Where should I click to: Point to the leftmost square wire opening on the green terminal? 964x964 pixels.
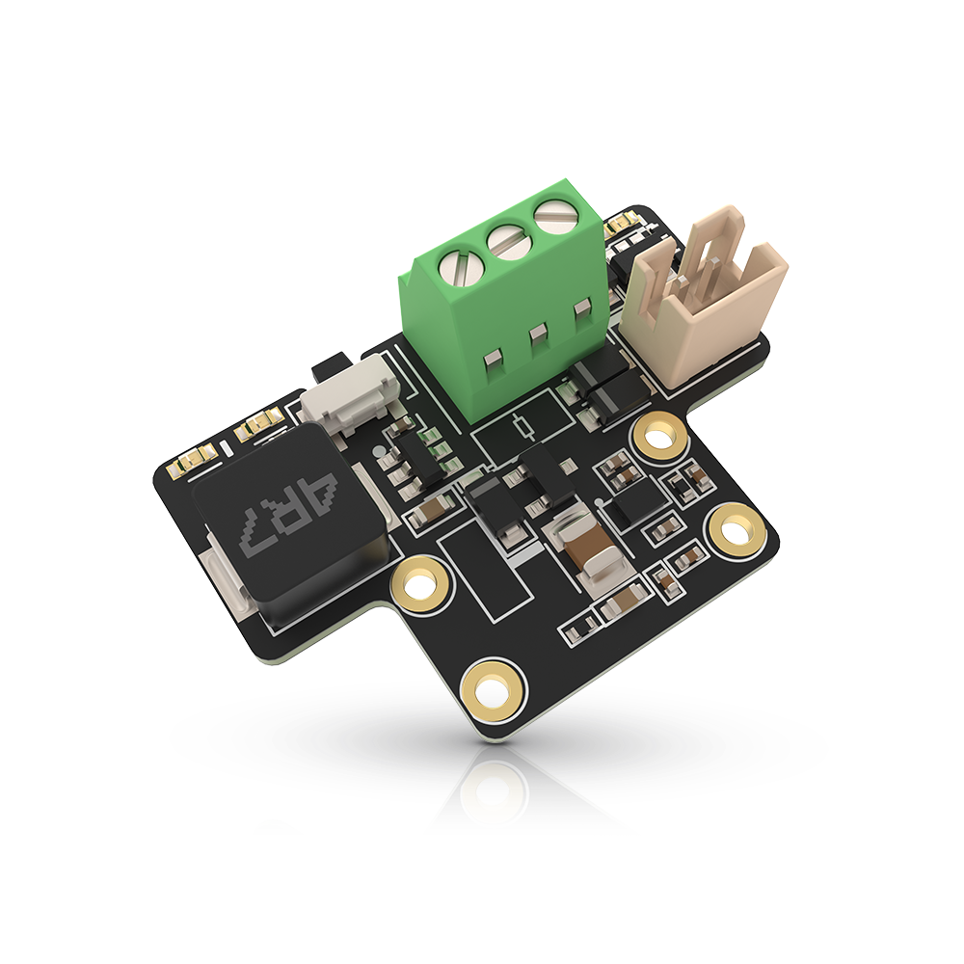(489, 360)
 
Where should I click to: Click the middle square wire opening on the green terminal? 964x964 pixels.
(537, 335)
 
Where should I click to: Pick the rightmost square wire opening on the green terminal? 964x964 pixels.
(580, 310)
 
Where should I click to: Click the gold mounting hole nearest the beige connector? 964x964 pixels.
(659, 436)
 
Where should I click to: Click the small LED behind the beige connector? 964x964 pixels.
(620, 230)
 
